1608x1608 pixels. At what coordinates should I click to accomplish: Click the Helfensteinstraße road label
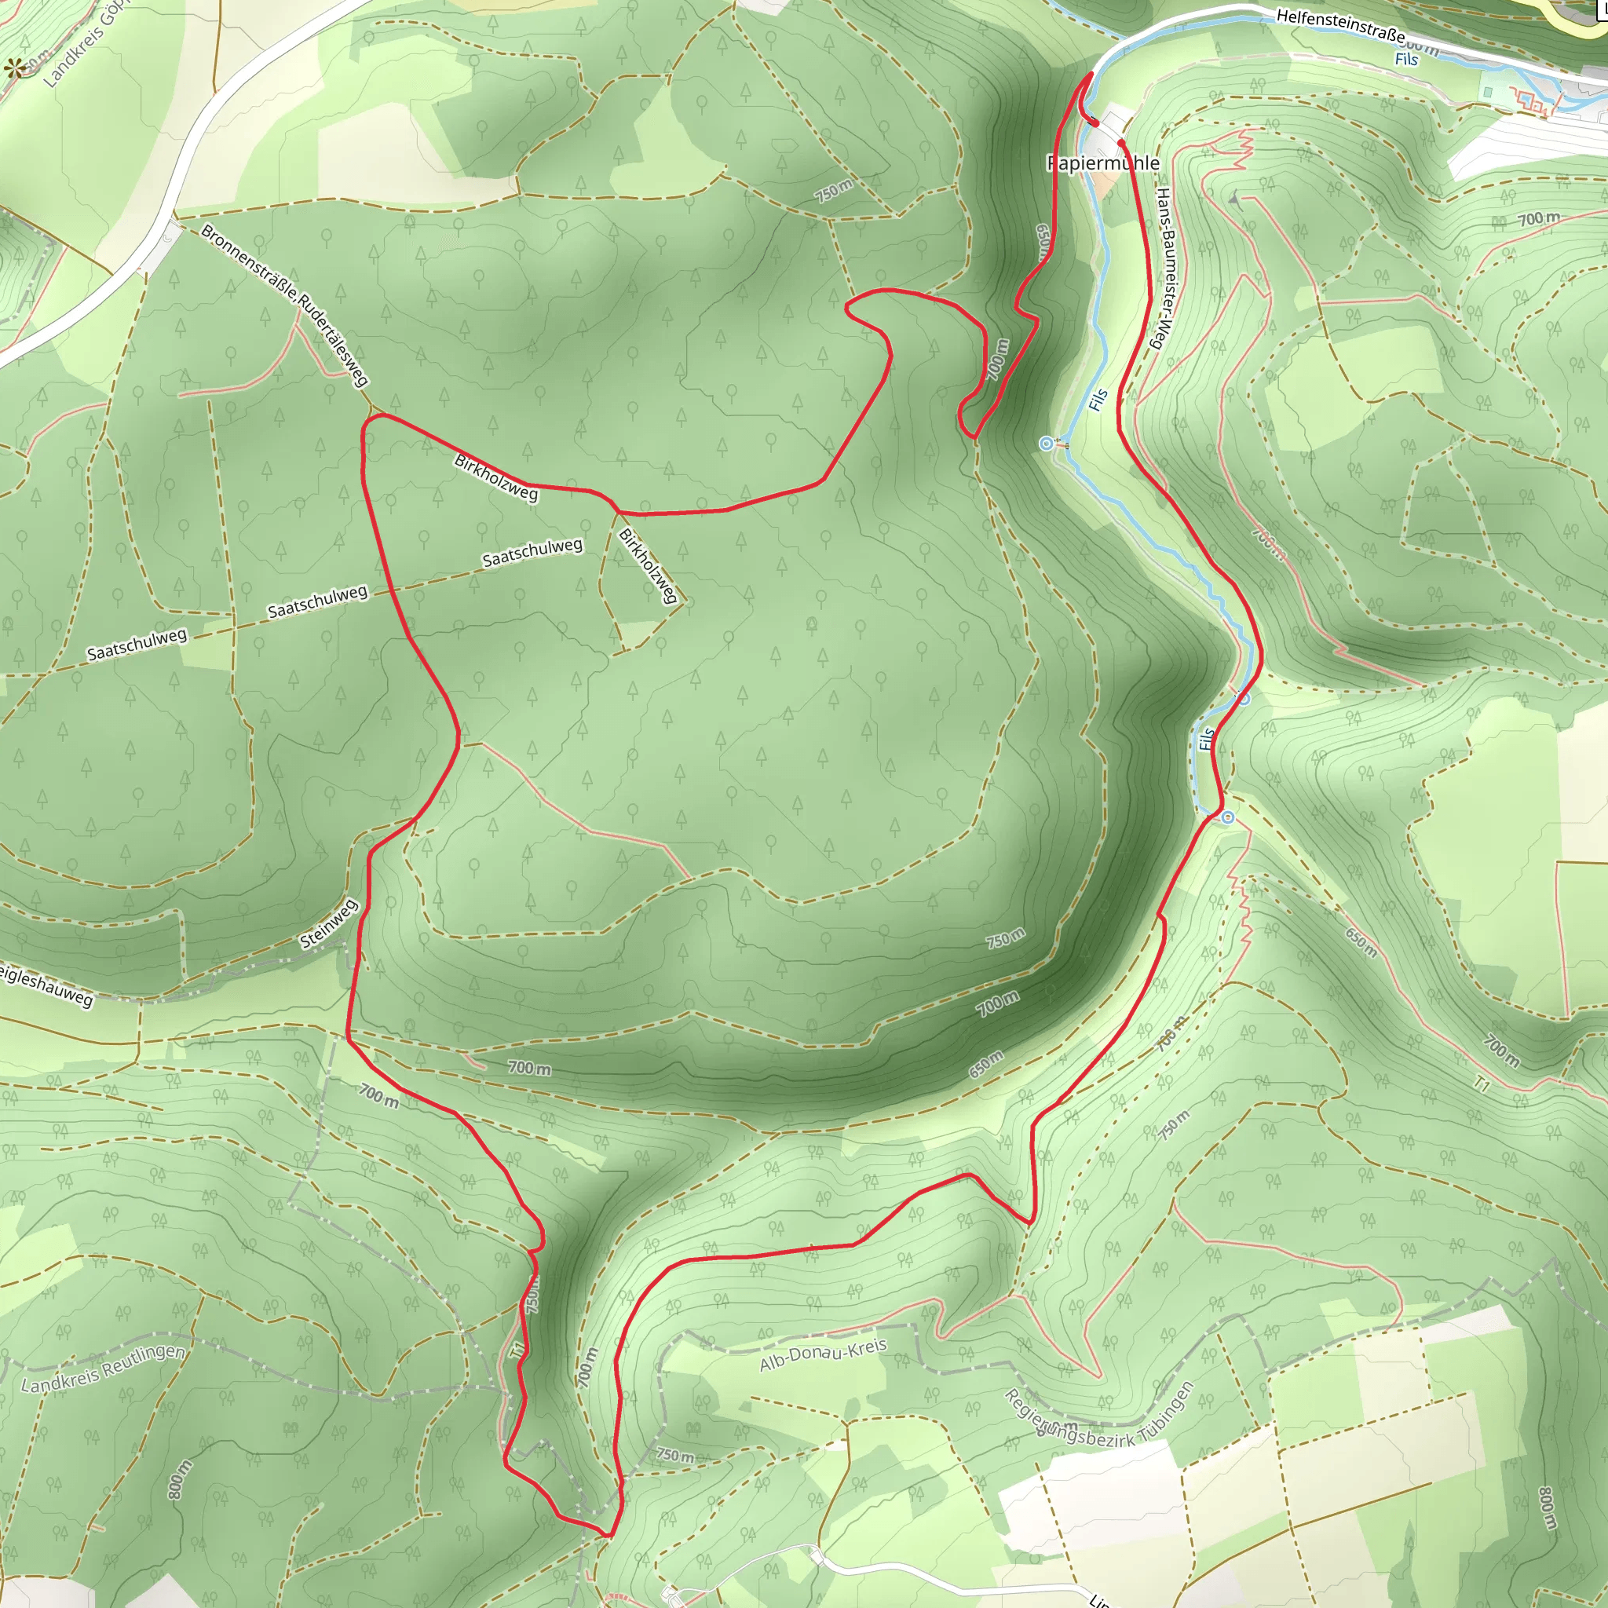(x=1340, y=25)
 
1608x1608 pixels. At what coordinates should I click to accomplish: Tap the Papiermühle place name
(x=1103, y=163)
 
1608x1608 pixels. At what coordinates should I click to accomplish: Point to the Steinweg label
(x=329, y=924)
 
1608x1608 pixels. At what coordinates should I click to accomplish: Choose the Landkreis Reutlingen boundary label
(x=102, y=1369)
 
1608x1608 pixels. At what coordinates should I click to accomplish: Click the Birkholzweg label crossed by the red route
(x=496, y=477)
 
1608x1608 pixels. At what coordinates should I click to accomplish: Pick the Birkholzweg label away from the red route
(x=648, y=566)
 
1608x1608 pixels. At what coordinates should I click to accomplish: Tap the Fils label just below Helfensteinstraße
(x=1405, y=59)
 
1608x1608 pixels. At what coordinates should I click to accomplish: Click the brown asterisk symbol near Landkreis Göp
(x=14, y=69)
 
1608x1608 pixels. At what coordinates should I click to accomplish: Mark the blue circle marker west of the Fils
(x=1046, y=444)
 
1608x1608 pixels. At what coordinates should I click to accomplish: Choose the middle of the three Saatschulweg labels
(x=317, y=601)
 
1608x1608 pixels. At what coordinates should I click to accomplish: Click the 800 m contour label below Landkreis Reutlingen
(x=180, y=1479)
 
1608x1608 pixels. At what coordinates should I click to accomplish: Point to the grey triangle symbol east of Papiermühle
(x=1233, y=197)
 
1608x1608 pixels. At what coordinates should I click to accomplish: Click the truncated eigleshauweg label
(x=46, y=985)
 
